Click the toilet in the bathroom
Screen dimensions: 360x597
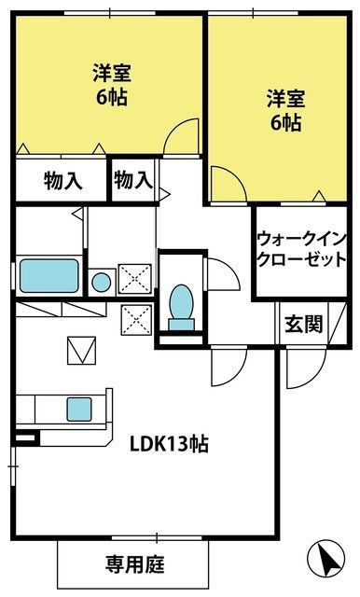[182, 307]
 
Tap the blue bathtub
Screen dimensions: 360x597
[49, 276]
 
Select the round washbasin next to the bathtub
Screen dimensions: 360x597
[102, 283]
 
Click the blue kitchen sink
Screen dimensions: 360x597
[79, 410]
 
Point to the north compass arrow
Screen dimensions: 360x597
[326, 560]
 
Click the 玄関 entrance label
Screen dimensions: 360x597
[303, 325]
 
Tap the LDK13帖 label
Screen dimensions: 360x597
[169, 444]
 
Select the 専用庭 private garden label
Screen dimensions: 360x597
[134, 564]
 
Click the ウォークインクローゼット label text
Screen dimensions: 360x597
[301, 249]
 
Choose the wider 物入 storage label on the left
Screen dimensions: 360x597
[62, 180]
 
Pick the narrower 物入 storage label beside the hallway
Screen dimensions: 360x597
[133, 180]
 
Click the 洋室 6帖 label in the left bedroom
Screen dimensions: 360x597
[112, 85]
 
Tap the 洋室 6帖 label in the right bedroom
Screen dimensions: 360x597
[285, 110]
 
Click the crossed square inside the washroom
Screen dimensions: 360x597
[134, 279]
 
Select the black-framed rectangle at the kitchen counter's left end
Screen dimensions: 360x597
[27, 437]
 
